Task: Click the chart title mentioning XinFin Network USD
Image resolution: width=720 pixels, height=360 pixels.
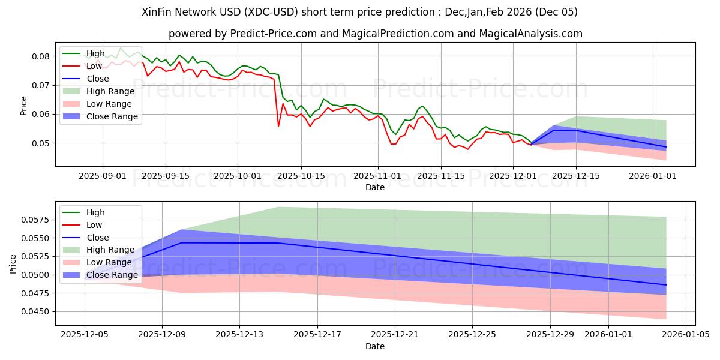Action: coord(360,12)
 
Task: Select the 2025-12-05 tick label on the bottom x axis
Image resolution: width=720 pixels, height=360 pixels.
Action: coord(85,335)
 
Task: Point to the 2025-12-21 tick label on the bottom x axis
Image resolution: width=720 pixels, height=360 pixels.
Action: coord(395,335)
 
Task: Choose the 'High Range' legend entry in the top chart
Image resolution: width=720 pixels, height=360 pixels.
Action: coord(110,91)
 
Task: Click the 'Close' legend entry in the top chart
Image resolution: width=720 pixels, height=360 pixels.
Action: coord(97,79)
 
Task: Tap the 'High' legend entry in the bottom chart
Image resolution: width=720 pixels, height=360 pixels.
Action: coord(95,212)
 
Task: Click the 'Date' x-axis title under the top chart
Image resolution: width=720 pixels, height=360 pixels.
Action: coord(375,187)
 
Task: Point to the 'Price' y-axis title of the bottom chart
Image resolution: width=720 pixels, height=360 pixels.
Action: coord(13,263)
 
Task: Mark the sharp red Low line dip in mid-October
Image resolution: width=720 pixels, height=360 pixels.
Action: coord(278,126)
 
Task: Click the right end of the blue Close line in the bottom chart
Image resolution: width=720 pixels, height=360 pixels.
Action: coord(666,285)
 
